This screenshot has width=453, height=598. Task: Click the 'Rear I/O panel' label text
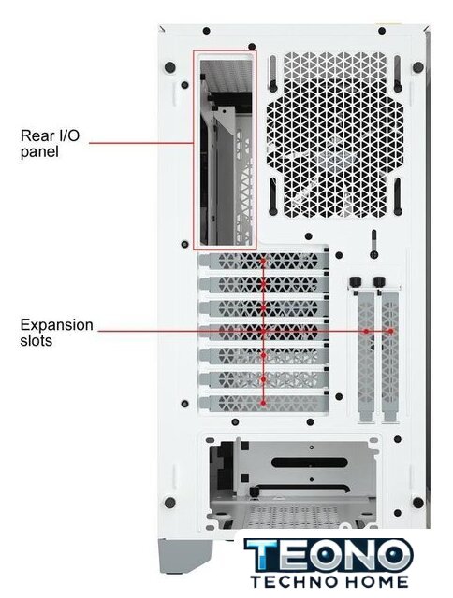[x=50, y=143]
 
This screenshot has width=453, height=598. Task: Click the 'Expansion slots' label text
[x=56, y=333]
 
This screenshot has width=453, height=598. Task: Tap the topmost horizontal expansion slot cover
[x=264, y=261]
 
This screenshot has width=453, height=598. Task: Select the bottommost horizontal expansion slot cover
[x=264, y=403]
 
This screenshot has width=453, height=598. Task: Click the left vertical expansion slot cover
[x=366, y=355]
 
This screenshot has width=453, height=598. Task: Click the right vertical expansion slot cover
[x=390, y=355]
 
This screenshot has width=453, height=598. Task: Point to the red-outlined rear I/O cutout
[x=225, y=149]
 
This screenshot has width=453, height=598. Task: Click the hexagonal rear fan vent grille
[x=334, y=135]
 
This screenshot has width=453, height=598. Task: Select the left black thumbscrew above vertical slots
[x=355, y=282]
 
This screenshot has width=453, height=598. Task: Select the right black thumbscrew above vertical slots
[x=379, y=282]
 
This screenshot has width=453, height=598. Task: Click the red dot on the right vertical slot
[x=390, y=331]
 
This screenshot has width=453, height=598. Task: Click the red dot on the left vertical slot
[x=366, y=332]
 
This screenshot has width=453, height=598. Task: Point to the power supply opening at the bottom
[x=292, y=483]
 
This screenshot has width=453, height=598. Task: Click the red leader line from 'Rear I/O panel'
[x=141, y=143]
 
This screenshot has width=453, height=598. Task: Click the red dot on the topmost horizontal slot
[x=263, y=262]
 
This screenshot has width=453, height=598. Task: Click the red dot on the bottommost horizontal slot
[x=263, y=403]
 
